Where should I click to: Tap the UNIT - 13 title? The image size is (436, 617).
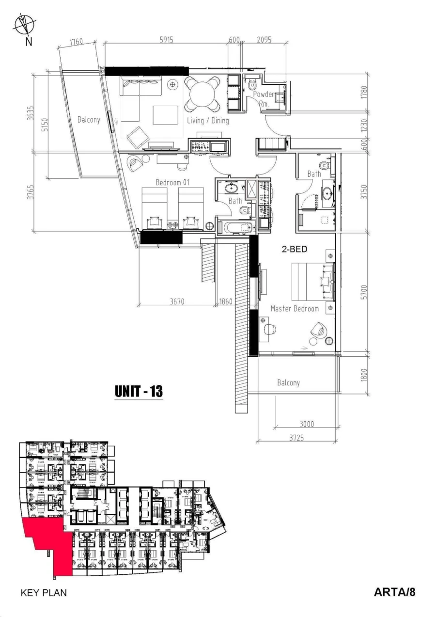(x=139, y=391)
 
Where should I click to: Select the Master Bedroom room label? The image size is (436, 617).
(x=295, y=309)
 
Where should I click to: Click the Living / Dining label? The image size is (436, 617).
(x=208, y=121)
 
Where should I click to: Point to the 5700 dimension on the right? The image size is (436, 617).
(x=364, y=292)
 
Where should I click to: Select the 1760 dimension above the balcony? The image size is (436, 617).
(x=77, y=42)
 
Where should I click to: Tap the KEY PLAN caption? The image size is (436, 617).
(x=43, y=592)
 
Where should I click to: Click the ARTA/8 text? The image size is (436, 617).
(x=394, y=592)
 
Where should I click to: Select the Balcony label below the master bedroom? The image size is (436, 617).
(x=288, y=383)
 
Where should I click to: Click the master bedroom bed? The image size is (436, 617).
(x=312, y=282)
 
